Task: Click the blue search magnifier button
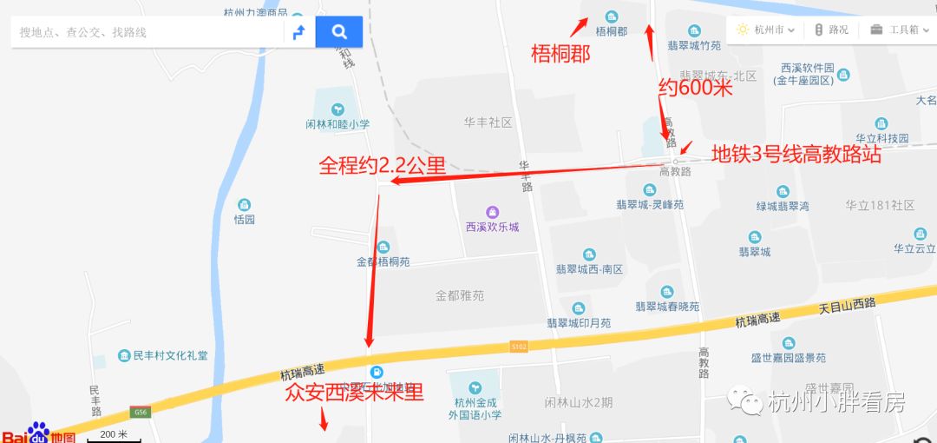(339, 32)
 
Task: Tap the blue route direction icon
(298, 32)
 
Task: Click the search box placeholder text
(83, 32)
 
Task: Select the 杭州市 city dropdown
(765, 30)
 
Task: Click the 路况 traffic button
(831, 30)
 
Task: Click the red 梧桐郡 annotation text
(560, 55)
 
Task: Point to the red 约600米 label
(696, 87)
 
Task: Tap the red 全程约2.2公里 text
(382, 165)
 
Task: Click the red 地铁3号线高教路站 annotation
(796, 155)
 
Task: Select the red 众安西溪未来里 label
(354, 393)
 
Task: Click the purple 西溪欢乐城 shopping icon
(492, 212)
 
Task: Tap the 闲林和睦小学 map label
(337, 123)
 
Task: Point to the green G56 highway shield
(139, 411)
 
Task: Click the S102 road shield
(518, 347)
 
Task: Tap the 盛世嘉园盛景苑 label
(789, 357)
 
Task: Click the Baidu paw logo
(37, 433)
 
